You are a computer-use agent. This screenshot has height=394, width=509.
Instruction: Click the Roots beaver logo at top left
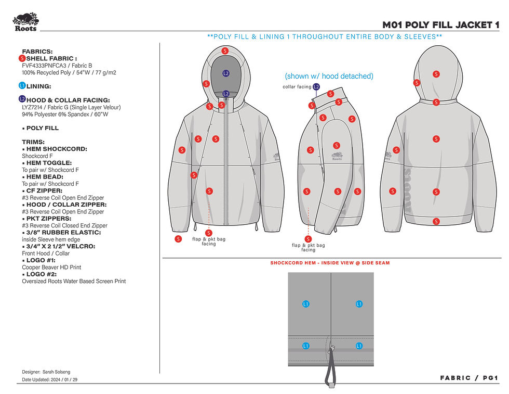click(x=25, y=22)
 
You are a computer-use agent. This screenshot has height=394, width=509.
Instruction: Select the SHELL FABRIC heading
click(x=51, y=59)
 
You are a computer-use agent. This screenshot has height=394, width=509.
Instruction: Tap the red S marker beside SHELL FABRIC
click(x=22, y=59)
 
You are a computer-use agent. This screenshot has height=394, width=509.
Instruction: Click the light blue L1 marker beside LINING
click(x=22, y=85)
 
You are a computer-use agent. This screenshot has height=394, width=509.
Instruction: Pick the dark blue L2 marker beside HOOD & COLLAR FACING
click(x=22, y=99)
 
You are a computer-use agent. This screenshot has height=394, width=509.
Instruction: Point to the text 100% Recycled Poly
click(x=46, y=73)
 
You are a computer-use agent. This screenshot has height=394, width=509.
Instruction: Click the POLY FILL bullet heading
click(x=42, y=128)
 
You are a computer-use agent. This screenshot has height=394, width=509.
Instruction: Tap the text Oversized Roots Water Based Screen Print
click(x=74, y=282)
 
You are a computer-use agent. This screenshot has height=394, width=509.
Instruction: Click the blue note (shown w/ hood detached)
click(x=329, y=76)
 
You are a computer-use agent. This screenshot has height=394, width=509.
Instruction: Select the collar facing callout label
click(x=297, y=87)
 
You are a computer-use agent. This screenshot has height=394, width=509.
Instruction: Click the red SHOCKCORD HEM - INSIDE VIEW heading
click(x=330, y=263)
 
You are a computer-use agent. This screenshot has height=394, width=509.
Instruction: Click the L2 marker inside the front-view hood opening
click(x=226, y=73)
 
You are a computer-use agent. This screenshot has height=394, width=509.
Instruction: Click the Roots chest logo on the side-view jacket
click(x=337, y=156)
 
